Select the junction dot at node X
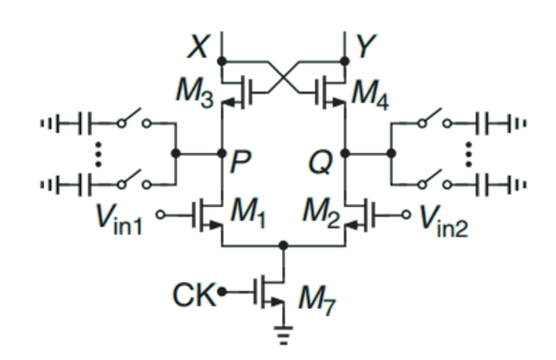click(221, 59)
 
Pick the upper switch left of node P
click(131, 122)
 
